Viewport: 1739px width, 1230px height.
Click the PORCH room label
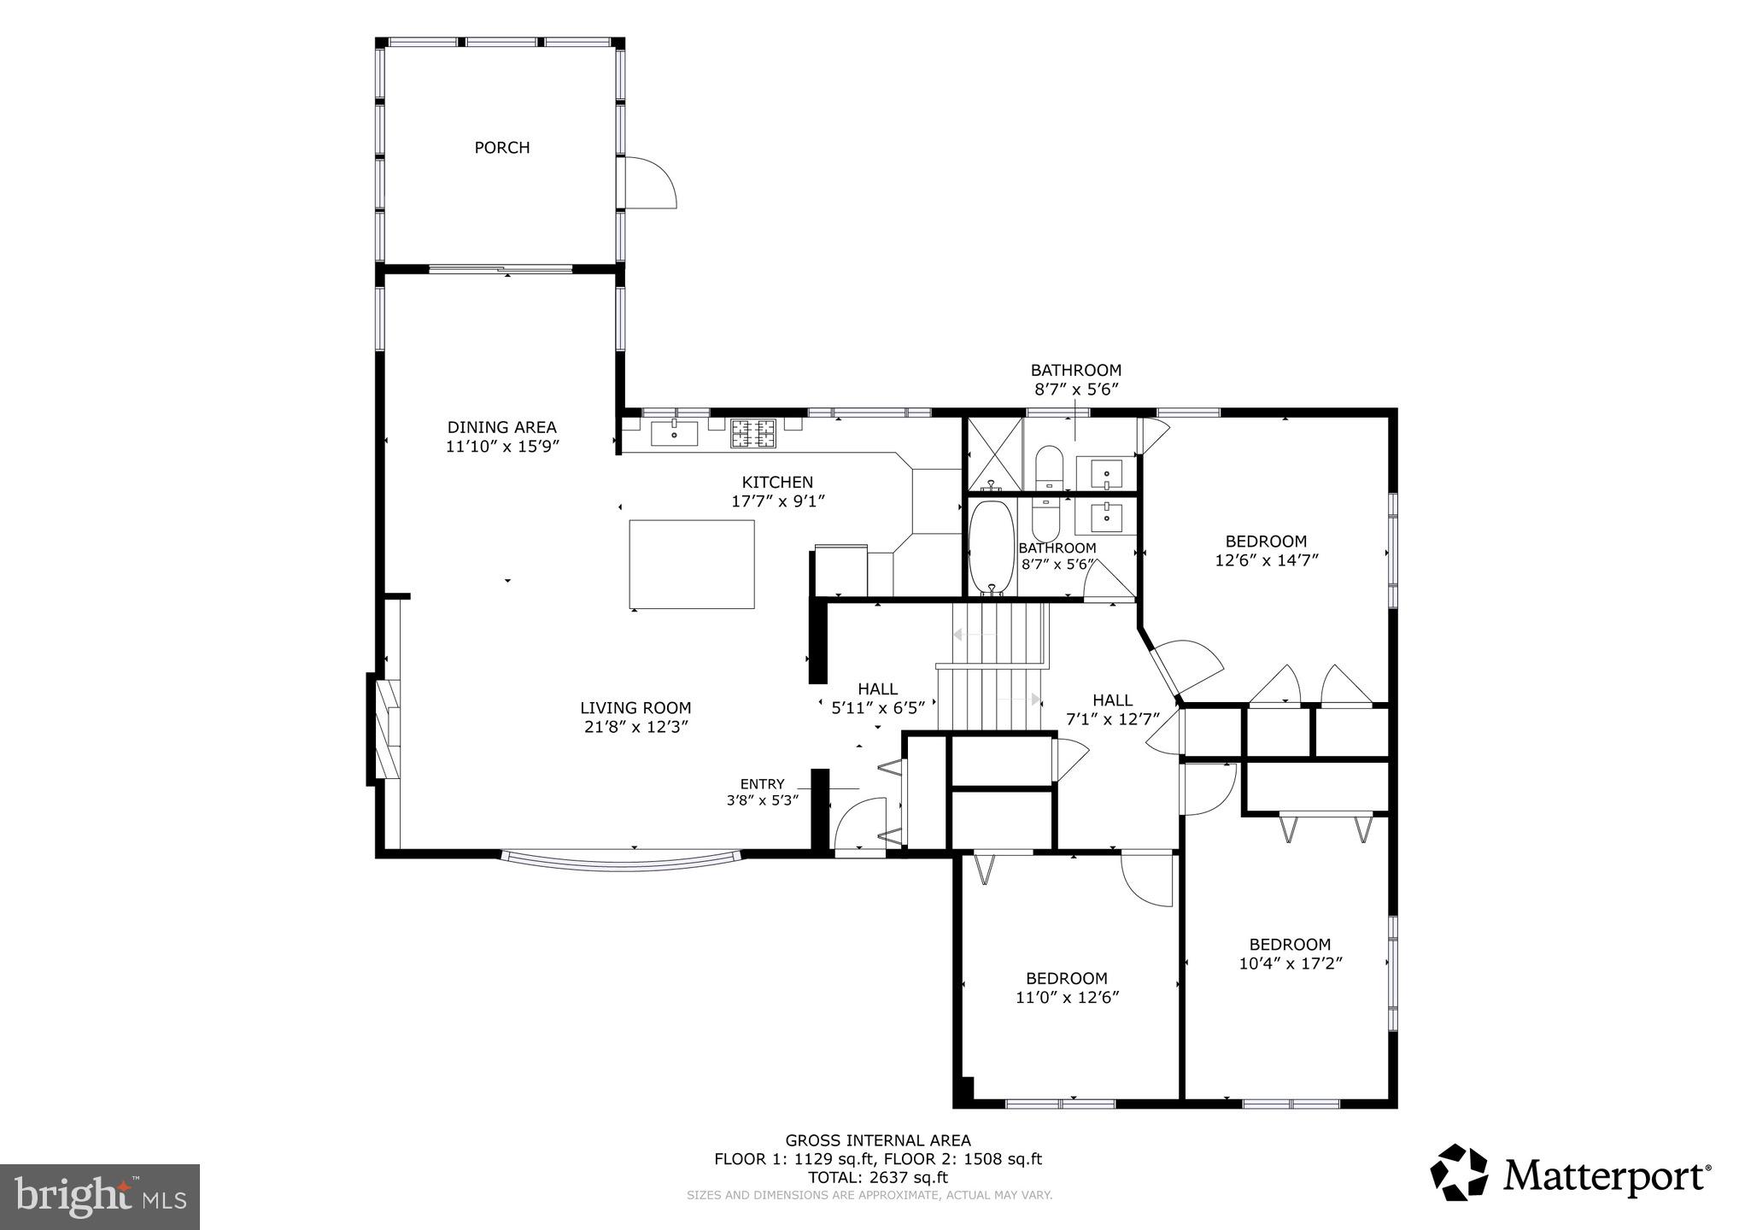(502, 148)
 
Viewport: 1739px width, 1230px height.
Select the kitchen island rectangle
(692, 564)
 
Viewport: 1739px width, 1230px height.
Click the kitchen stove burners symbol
(753, 433)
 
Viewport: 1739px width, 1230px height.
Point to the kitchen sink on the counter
(675, 433)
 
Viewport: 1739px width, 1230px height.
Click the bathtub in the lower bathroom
(992, 548)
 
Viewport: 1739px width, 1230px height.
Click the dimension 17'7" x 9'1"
(777, 501)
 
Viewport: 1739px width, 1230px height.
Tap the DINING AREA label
(502, 427)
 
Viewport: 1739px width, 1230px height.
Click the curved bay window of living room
(621, 861)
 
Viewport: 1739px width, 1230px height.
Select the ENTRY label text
(762, 784)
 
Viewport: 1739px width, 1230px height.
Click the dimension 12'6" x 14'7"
(1267, 560)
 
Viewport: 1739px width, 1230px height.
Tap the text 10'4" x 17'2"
(1291, 963)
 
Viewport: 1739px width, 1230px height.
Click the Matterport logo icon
(1459, 1173)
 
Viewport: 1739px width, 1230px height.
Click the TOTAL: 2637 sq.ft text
(878, 1177)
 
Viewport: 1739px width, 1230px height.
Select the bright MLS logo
(100, 1197)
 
